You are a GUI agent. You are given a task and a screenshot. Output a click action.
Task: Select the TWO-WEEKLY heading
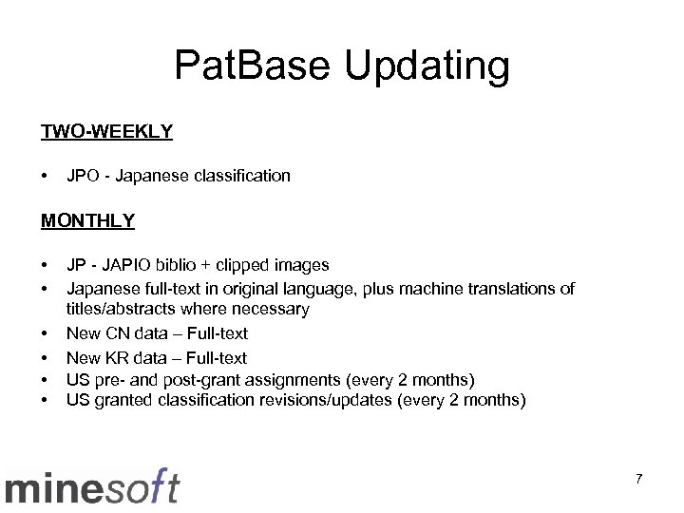pos(106,131)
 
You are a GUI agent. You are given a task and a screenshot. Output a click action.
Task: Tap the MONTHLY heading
pos(87,220)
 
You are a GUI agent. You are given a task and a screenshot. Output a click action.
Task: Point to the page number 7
pos(638,479)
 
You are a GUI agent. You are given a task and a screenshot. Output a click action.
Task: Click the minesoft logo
pos(92,485)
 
